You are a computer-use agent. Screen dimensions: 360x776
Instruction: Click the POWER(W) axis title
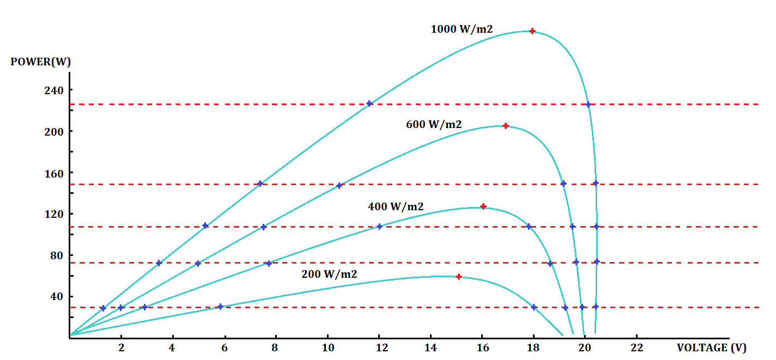pos(40,62)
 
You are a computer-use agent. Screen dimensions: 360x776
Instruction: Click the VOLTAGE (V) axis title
pos(711,347)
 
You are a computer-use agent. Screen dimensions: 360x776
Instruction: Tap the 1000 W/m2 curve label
pos(462,29)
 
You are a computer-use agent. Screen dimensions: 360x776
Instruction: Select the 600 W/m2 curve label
pos(434,125)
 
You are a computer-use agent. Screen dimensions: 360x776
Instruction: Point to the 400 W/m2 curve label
pos(396,207)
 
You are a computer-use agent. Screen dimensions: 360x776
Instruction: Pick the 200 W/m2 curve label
pos(329,274)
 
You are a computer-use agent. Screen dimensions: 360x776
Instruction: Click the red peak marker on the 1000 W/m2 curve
pos(532,31)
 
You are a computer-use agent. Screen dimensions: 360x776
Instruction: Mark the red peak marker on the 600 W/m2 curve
pos(506,126)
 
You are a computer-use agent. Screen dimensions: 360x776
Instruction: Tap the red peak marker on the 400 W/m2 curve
pos(483,206)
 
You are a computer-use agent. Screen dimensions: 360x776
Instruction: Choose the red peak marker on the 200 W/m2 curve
pos(459,277)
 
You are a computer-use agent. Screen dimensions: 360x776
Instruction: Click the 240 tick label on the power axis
pos(54,90)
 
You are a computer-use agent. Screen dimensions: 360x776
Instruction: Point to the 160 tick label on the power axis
pos(54,173)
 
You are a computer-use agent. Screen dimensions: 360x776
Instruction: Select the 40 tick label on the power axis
pos(57,297)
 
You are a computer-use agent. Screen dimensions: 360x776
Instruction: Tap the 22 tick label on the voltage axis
pos(636,347)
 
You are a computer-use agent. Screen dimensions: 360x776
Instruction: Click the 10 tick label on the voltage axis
pos(328,347)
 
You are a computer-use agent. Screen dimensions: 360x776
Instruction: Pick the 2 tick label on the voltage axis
pos(121,347)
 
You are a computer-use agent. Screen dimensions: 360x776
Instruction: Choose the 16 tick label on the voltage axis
pos(482,347)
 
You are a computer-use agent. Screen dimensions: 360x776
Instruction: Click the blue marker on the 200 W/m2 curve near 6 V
pos(220,307)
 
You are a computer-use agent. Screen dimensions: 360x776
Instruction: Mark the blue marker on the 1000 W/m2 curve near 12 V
pos(369,103)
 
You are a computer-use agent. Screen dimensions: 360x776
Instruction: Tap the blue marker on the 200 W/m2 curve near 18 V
pos(534,307)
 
